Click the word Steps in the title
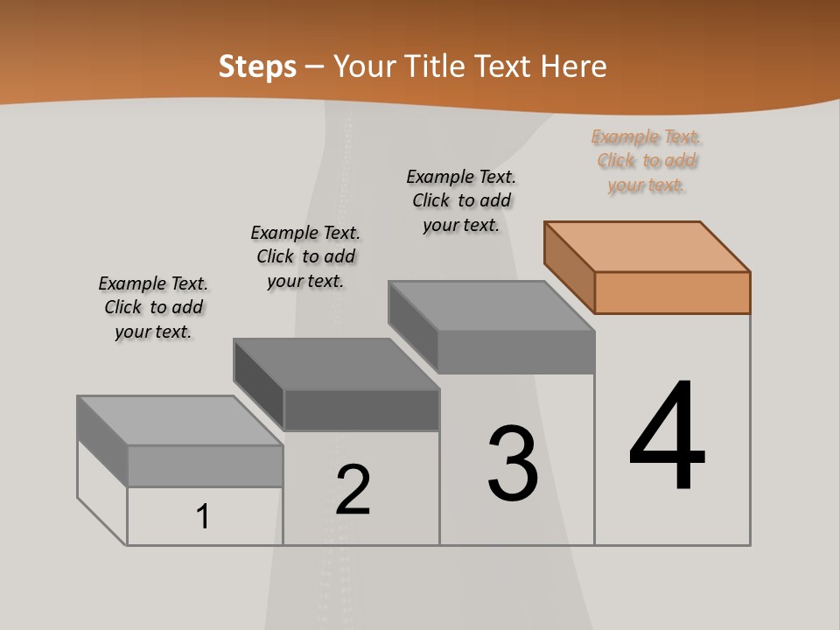[x=257, y=66]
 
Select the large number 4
[x=667, y=437]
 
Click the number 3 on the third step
[x=513, y=464]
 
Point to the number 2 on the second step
[x=353, y=489]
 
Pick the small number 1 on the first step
[x=203, y=517]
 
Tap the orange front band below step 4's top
[x=672, y=292]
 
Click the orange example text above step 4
[x=647, y=161]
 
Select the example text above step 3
[x=461, y=200]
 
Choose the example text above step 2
[x=305, y=256]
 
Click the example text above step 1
[x=153, y=307]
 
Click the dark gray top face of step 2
[x=337, y=364]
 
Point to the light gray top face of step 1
[x=180, y=421]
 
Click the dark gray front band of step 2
[x=361, y=409]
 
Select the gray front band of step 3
[x=516, y=352]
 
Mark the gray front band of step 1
[x=205, y=465]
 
